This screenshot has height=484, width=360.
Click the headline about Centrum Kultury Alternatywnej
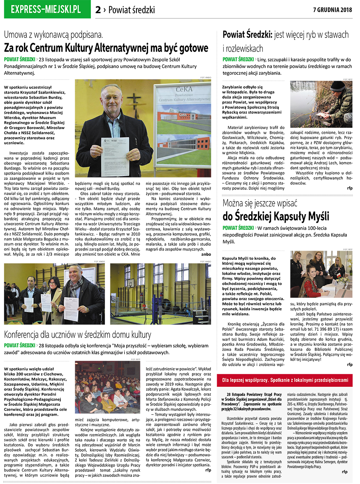coord(106,48)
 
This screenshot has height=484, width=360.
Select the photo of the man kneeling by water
coord(321,104)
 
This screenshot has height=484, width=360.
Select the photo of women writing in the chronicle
coord(321,274)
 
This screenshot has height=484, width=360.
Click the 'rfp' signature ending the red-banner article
coord(345,472)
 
